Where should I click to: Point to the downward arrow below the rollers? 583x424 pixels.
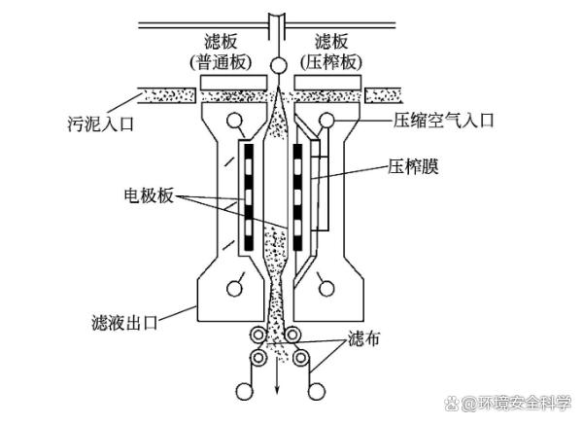277,384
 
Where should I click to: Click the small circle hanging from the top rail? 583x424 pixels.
279,66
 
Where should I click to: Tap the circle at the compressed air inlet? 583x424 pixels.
326,120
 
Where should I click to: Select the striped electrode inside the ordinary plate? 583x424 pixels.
248,194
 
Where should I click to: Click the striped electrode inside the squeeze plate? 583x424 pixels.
298,194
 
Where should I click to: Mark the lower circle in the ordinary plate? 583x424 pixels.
232,287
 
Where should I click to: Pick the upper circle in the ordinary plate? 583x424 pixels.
233,122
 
